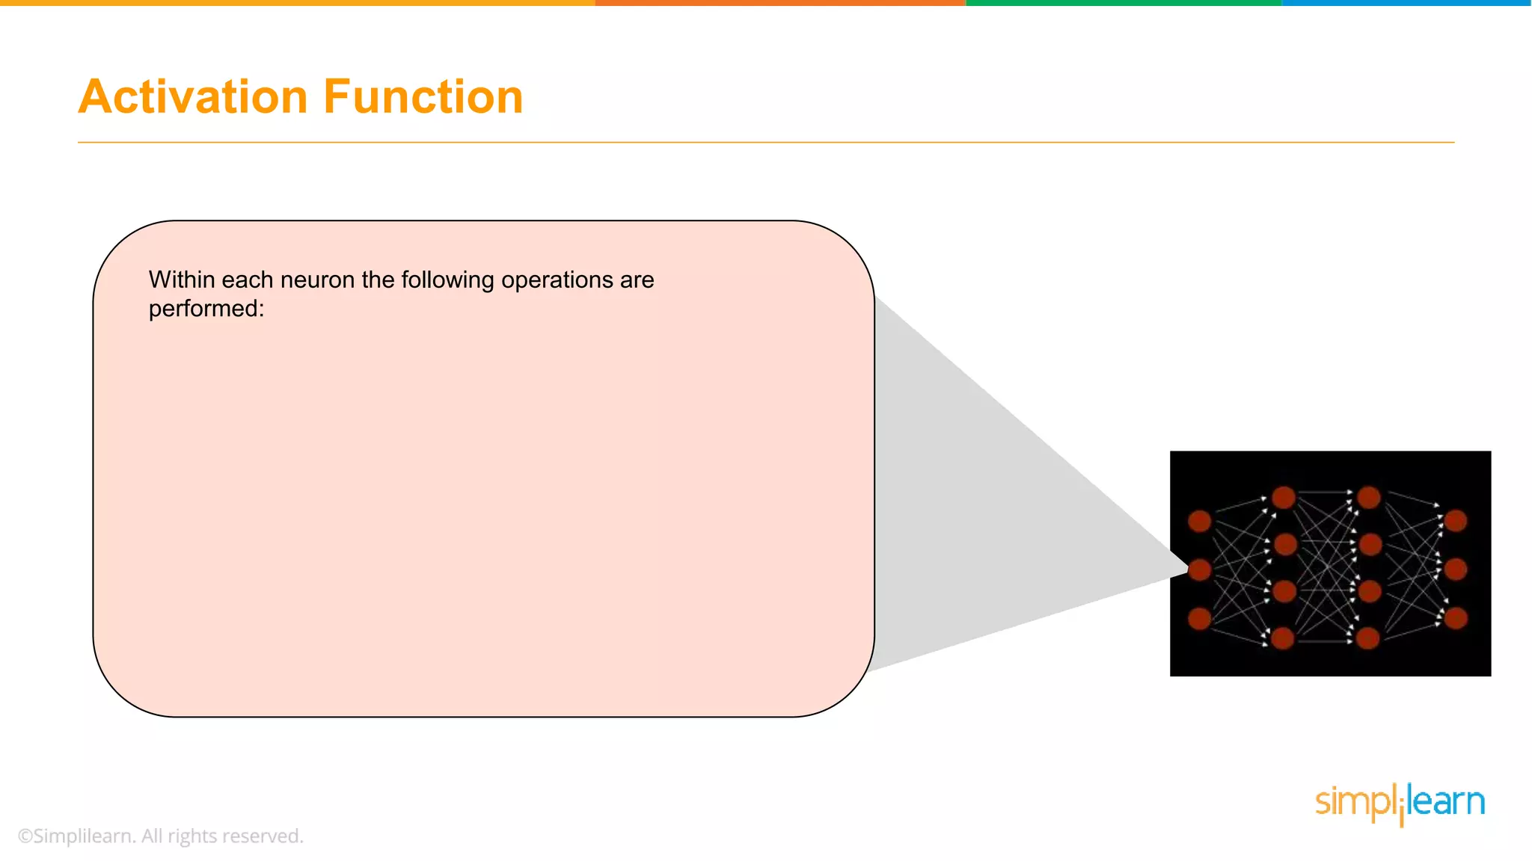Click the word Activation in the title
click(x=193, y=97)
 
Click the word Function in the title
click(x=423, y=97)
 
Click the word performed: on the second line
click(x=206, y=309)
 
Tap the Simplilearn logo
click(x=1400, y=803)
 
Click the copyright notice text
click(x=160, y=836)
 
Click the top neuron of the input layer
click(x=1200, y=521)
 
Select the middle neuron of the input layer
click(x=1200, y=570)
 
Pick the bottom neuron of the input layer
click(x=1200, y=618)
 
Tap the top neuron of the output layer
click(x=1456, y=521)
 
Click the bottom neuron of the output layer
click(x=1456, y=618)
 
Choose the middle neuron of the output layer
click(x=1456, y=570)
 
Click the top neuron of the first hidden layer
click(x=1284, y=497)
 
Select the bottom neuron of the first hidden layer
click(x=1282, y=638)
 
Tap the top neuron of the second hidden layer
click(x=1369, y=497)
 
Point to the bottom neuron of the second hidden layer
click(x=1367, y=638)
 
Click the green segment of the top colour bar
click(x=1124, y=3)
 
